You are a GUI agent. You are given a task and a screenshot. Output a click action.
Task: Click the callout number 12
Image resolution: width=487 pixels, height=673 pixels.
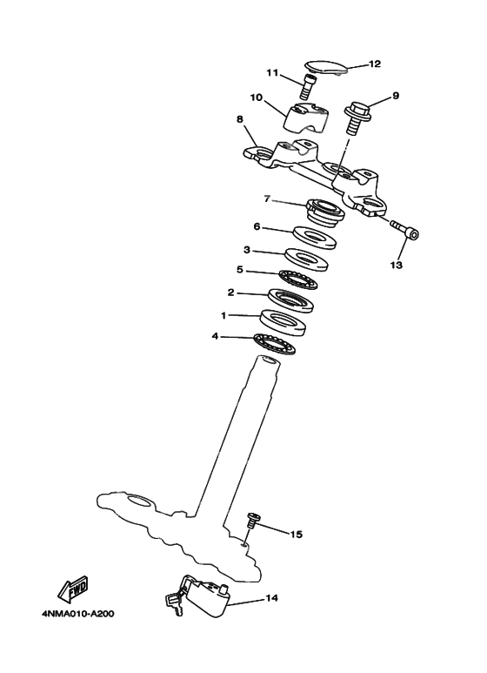point(375,64)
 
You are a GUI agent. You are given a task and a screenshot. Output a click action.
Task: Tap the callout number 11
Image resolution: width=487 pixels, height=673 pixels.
point(271,72)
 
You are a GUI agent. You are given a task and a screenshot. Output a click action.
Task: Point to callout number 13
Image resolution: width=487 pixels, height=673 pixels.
point(397,266)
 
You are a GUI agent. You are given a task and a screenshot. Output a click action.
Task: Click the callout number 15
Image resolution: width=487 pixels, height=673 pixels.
point(296,534)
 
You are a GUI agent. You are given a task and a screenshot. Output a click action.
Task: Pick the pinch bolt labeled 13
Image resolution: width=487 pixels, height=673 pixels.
point(404,231)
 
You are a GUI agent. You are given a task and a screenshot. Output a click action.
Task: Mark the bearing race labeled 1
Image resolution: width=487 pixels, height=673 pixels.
point(285,322)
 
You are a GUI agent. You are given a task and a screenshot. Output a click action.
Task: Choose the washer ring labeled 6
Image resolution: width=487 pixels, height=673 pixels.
point(315,237)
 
